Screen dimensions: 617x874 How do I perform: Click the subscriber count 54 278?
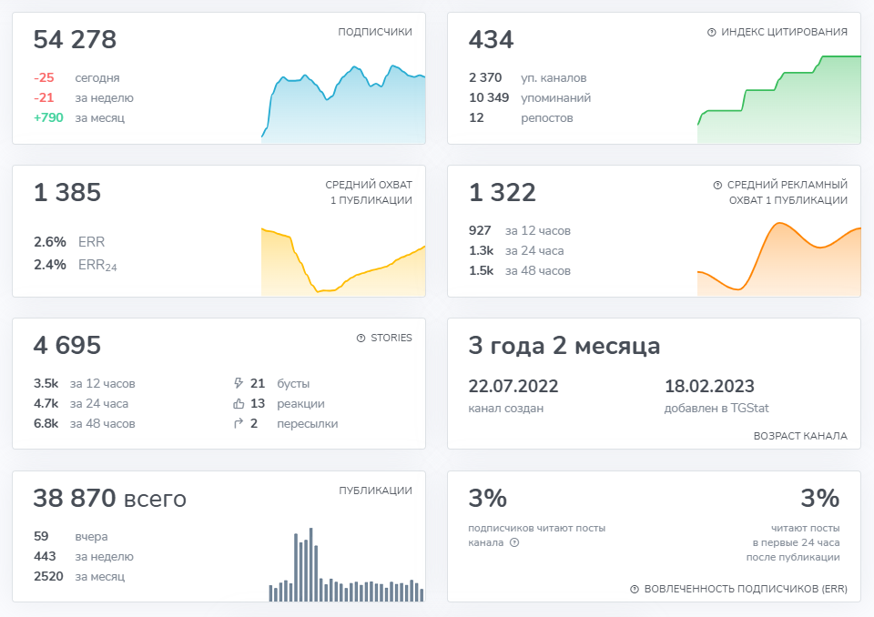[75, 40]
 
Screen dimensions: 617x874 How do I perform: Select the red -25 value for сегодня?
[44, 78]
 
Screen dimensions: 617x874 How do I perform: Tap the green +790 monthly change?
[48, 117]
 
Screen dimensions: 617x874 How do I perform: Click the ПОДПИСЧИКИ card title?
[374, 32]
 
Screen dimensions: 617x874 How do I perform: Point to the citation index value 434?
[491, 40]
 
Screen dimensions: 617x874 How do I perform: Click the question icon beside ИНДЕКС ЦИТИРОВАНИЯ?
[711, 32]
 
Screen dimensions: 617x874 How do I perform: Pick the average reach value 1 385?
[66, 193]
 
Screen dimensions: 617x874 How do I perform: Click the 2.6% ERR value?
[49, 242]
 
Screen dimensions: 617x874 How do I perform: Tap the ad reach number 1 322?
[502, 193]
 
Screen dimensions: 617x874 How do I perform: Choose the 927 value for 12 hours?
[479, 231]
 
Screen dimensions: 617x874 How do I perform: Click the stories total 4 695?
[66, 346]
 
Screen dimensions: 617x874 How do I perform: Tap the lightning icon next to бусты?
[239, 384]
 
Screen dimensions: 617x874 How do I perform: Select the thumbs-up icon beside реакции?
[239, 404]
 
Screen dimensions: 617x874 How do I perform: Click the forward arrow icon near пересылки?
[239, 423]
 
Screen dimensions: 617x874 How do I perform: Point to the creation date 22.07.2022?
[513, 386]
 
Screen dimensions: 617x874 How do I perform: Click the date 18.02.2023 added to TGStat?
[709, 386]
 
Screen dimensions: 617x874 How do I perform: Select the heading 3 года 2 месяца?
[564, 346]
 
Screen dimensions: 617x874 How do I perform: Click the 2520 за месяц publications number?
[48, 576]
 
